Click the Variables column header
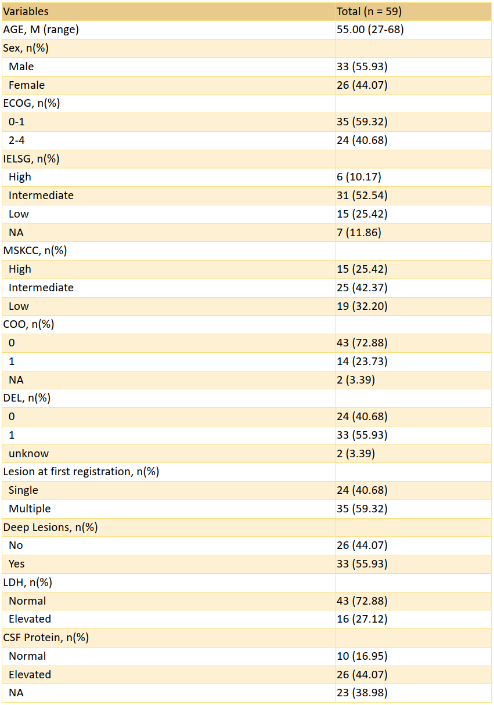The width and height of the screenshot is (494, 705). [26, 12]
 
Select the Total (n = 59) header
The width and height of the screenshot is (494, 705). [369, 12]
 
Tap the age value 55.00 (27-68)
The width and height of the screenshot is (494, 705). [370, 30]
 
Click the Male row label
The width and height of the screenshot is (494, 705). [21, 67]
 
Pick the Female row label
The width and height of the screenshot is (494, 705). [27, 85]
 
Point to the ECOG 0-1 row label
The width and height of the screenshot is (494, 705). [16, 122]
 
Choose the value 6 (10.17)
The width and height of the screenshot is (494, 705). [359, 177]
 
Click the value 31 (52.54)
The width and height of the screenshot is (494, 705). [362, 196]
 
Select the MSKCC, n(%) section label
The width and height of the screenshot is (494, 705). [35, 251]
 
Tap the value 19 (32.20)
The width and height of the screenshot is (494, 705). [362, 306]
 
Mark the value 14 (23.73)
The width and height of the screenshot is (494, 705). [362, 361]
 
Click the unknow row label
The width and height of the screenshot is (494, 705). [28, 454]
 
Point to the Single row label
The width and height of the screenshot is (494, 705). [23, 490]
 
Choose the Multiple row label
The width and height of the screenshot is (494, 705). [30, 509]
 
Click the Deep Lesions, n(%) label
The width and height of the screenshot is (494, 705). [51, 527]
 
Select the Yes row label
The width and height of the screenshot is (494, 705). [16, 564]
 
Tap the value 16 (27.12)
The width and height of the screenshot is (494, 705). [362, 619]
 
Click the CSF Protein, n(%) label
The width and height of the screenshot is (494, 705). [46, 638]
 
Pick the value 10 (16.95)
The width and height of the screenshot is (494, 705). [362, 656]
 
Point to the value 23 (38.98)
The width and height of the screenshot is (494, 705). [362, 693]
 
